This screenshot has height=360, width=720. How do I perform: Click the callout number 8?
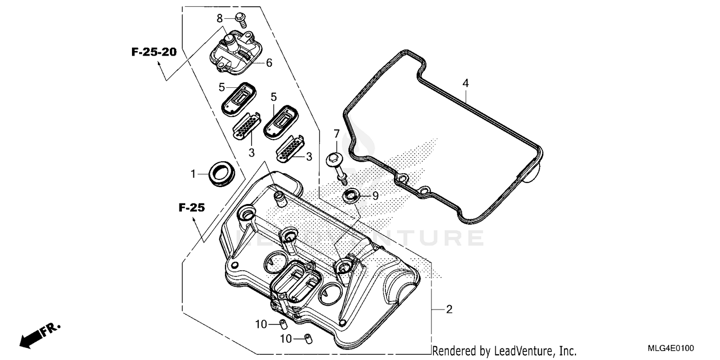(220, 19)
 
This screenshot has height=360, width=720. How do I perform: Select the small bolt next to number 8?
(241, 20)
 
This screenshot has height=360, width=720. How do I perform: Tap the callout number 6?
(269, 63)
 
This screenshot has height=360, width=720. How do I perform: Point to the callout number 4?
(465, 84)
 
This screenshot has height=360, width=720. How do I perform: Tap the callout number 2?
(449, 310)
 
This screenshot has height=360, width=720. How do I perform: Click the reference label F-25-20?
(154, 52)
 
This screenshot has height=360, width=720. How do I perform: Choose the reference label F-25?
(192, 208)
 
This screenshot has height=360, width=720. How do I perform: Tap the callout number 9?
(375, 196)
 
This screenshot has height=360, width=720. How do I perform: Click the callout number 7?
(336, 133)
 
